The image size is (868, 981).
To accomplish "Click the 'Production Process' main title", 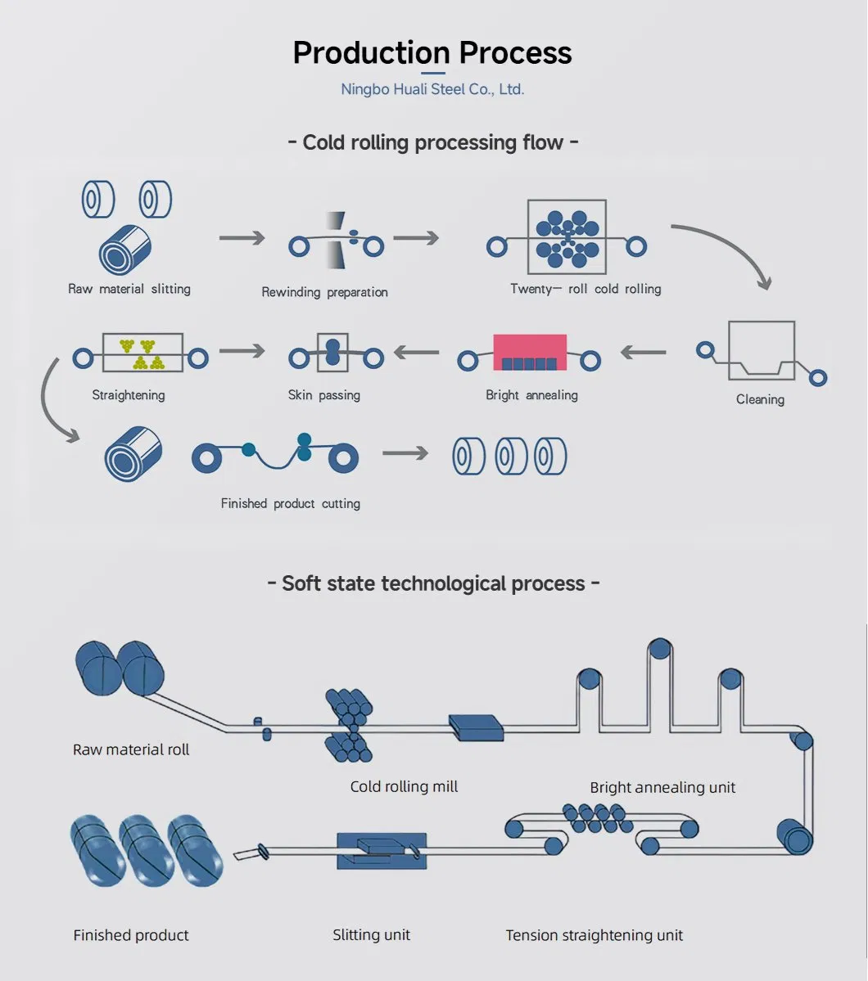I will (x=432, y=53).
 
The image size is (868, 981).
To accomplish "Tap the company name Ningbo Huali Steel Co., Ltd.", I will (x=432, y=89).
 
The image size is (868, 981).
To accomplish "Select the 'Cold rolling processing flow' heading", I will (x=433, y=142).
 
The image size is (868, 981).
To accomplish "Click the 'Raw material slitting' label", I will (x=129, y=289).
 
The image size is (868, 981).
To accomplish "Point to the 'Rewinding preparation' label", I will (x=324, y=292).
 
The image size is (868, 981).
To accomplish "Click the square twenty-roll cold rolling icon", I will (x=567, y=236).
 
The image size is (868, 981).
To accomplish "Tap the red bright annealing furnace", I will (x=530, y=353).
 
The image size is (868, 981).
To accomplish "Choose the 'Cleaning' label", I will (x=760, y=399).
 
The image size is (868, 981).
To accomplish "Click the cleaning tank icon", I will (x=761, y=350).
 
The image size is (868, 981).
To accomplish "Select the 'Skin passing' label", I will (x=324, y=395).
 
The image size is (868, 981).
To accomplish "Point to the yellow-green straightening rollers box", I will (x=142, y=353).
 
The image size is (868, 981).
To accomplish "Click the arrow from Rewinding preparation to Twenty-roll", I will (x=416, y=238).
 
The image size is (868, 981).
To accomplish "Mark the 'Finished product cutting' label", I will (x=291, y=504).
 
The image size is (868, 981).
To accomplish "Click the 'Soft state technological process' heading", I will (x=433, y=583).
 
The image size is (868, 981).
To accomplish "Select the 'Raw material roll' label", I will (x=131, y=749).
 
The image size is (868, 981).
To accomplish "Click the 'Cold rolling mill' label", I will (x=404, y=786).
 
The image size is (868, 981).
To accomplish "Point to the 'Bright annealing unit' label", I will (x=662, y=788).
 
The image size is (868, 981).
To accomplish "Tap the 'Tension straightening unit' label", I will (x=594, y=935).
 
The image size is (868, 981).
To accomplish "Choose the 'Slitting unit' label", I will (x=371, y=934).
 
